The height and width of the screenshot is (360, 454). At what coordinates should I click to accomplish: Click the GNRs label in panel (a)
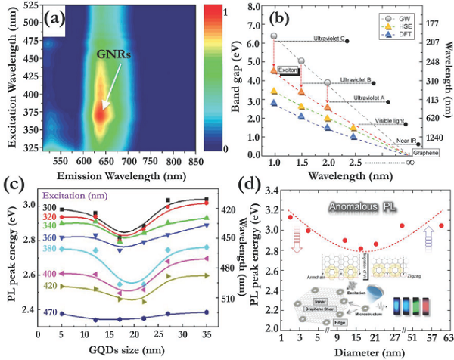(113, 54)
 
